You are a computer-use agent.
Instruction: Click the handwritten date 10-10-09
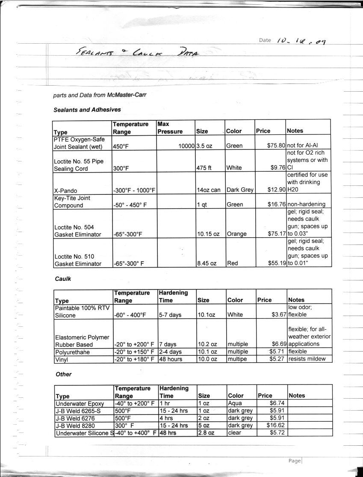[x=301, y=41]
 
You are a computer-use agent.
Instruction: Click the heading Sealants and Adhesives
[x=87, y=110]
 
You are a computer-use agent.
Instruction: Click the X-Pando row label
[x=65, y=190]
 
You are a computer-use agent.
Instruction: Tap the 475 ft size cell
[x=204, y=168]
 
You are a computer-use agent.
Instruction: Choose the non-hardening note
[x=307, y=204]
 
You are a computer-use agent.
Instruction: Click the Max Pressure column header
[x=170, y=128]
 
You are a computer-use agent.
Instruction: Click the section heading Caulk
[x=63, y=279]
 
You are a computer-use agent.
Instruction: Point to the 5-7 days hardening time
[x=170, y=315]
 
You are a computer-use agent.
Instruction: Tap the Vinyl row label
[x=62, y=359]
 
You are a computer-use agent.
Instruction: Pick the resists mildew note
[x=307, y=359]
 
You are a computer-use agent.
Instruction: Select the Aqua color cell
[x=235, y=403]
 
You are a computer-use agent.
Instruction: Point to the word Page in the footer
[x=295, y=461]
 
